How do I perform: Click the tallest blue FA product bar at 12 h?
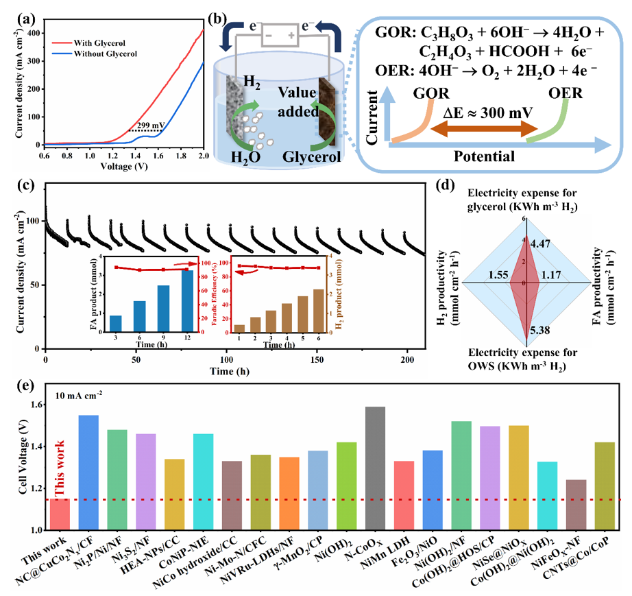tap(187, 301)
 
